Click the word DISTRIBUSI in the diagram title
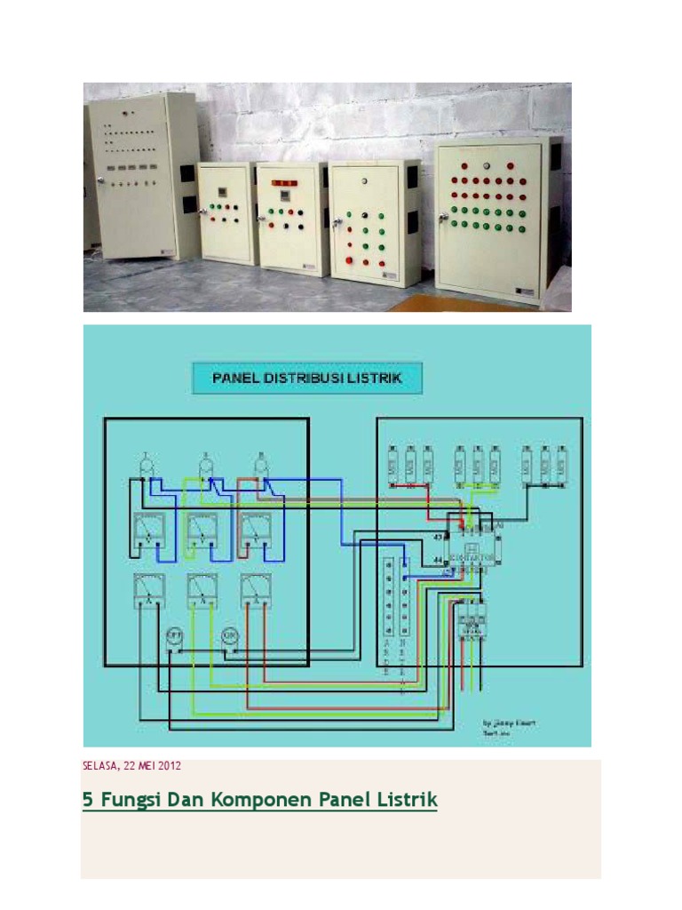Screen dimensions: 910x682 pyautogui.click(x=315, y=378)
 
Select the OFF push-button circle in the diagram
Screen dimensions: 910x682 pyautogui.click(x=175, y=635)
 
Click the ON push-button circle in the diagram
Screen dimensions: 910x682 pyautogui.click(x=228, y=635)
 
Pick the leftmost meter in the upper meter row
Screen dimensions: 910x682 pyautogui.click(x=147, y=531)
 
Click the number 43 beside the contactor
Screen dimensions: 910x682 pyautogui.click(x=438, y=539)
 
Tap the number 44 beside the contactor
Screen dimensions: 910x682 pyautogui.click(x=438, y=560)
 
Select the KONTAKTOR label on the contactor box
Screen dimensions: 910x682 pyautogui.click(x=472, y=558)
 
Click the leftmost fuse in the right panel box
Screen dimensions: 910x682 pyautogui.click(x=393, y=463)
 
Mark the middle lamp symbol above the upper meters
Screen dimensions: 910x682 pyautogui.click(x=206, y=463)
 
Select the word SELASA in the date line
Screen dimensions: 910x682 pyautogui.click(x=100, y=765)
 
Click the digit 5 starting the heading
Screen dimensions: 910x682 pyautogui.click(x=87, y=800)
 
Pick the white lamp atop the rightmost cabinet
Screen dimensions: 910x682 pyautogui.click(x=486, y=165)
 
